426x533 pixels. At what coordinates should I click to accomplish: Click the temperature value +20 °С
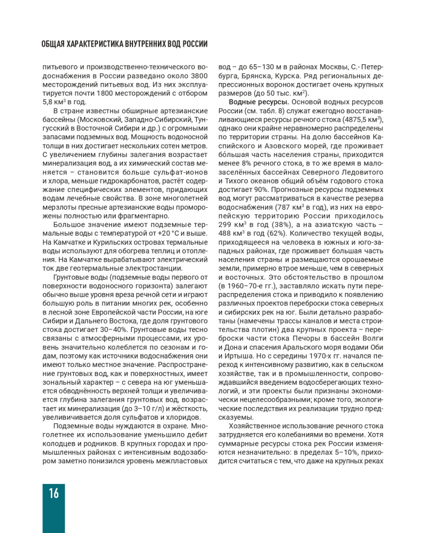point(175,233)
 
